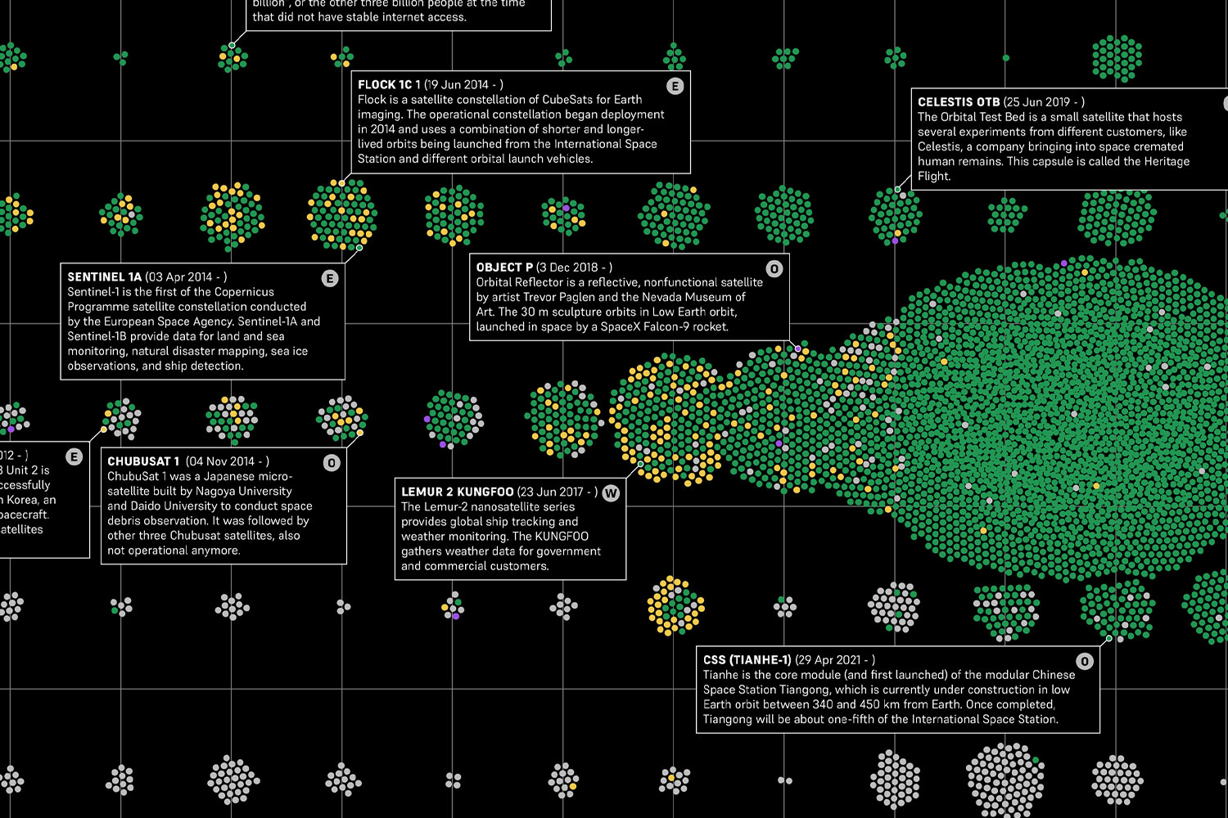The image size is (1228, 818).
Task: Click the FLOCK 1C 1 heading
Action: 389,84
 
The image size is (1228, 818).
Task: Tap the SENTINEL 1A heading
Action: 104,277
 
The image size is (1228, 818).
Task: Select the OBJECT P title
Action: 504,267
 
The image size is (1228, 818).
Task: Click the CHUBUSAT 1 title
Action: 143,461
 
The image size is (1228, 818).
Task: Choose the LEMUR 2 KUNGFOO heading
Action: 457,492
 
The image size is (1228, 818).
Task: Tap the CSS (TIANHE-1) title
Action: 747,660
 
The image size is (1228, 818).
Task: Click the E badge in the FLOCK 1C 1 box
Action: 675,86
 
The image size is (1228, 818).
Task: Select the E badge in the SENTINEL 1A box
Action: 330,278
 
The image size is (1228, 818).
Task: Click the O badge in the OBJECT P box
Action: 774,269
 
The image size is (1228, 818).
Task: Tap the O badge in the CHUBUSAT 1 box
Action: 332,463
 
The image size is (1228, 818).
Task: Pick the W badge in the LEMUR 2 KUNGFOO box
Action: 611,493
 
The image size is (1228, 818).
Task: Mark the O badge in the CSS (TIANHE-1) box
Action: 1085,661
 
